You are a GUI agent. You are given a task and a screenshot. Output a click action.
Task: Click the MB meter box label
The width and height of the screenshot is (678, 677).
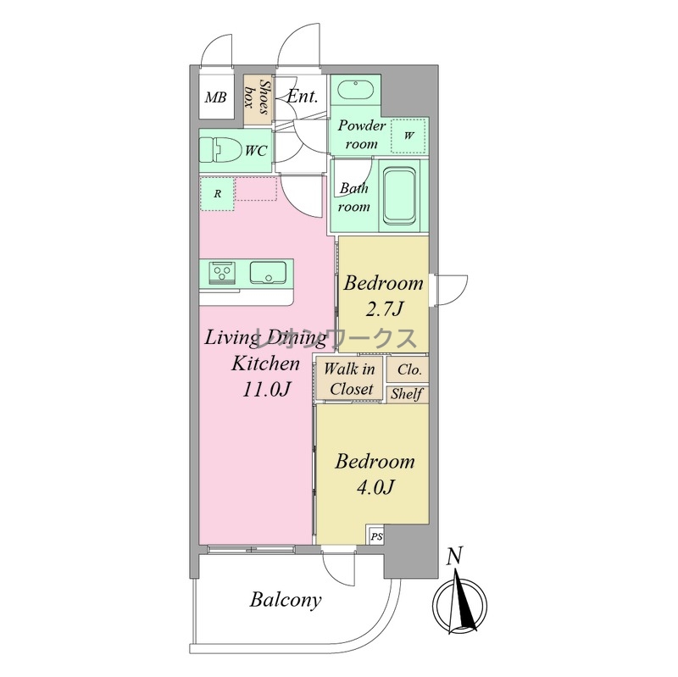pos(215,97)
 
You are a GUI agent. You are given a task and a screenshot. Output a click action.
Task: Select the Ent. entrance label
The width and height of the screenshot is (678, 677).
pos(303,97)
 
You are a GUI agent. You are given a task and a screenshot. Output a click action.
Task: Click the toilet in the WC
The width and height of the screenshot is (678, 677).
pos(220,150)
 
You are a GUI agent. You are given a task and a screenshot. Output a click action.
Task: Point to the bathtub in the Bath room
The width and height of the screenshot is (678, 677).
pos(400,196)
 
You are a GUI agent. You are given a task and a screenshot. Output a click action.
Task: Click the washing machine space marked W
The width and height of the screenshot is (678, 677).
pos(408,136)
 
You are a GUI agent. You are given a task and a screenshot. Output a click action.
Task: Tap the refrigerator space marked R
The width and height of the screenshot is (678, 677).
pos(217,194)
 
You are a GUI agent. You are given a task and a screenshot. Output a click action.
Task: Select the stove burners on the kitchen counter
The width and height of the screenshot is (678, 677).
pos(222,272)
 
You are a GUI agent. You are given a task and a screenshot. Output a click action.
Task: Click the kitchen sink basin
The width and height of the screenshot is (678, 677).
pos(268,272)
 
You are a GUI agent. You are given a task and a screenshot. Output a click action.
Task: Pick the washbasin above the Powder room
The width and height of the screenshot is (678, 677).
pos(355,90)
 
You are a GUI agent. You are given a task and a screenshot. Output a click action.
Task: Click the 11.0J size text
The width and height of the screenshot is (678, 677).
pos(265,390)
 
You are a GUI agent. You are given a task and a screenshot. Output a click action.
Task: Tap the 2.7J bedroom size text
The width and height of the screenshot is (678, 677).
pos(384,309)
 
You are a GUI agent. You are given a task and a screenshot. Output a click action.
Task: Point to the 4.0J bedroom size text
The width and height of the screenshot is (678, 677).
pos(375,488)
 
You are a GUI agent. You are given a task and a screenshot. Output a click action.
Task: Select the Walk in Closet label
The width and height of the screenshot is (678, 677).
pos(349,379)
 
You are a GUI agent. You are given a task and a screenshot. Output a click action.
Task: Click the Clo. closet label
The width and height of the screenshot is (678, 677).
pos(409,369)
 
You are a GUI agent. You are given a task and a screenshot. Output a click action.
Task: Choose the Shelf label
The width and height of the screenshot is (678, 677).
pos(407,394)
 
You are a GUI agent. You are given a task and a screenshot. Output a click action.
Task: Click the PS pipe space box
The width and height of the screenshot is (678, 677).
pos(376,535)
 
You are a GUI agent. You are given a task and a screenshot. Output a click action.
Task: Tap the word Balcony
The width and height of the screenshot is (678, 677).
pos(286,600)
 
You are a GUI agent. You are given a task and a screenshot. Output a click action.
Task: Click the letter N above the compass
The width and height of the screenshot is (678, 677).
pos(454,556)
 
